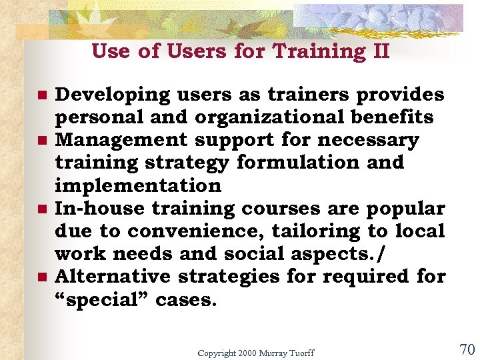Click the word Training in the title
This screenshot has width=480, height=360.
[313, 51]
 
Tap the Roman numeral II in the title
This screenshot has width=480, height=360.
[377, 51]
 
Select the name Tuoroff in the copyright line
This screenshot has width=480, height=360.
[297, 353]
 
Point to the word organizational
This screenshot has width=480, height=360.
[267, 118]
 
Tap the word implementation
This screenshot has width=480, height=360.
[137, 186]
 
